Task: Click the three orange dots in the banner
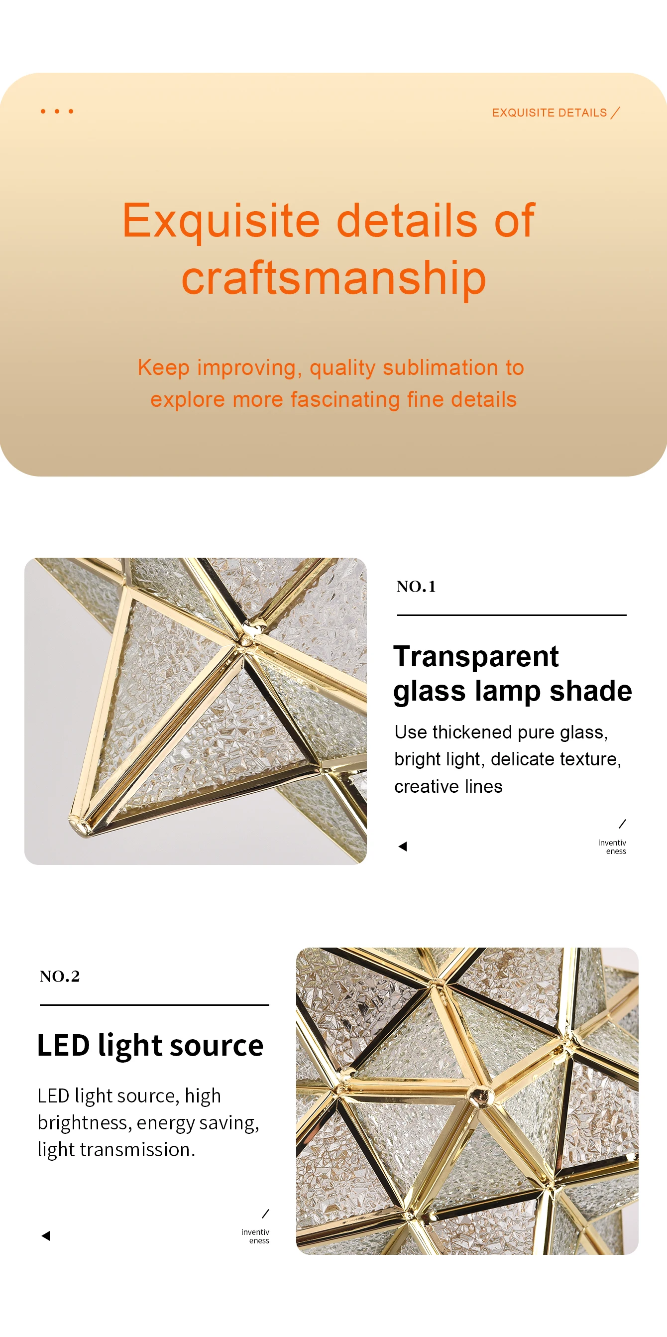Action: [57, 111]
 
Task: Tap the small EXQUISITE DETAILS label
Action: [549, 113]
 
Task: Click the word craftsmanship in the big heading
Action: [333, 279]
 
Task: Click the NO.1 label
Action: [416, 587]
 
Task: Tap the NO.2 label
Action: [60, 976]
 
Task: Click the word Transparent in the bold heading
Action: [476, 657]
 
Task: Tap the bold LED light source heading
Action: [150, 1045]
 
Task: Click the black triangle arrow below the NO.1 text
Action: [403, 847]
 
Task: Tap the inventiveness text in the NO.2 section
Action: [255, 1236]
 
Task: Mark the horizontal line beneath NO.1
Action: [511, 615]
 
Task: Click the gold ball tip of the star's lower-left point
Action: [78, 823]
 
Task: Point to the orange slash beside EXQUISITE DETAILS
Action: [615, 113]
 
